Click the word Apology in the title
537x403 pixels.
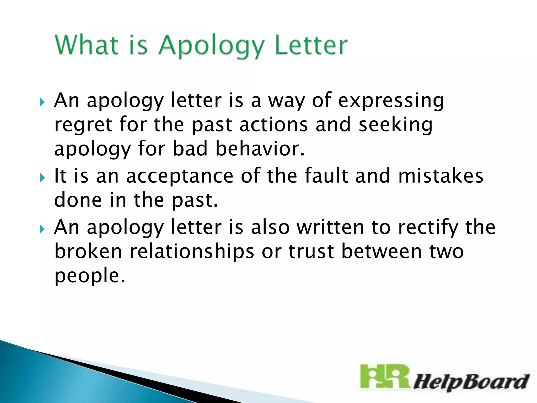point(211,46)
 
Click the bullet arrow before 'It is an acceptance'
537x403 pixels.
point(42,178)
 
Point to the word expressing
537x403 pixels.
point(391,101)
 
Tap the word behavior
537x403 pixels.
point(260,149)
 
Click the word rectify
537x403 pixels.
point(428,227)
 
